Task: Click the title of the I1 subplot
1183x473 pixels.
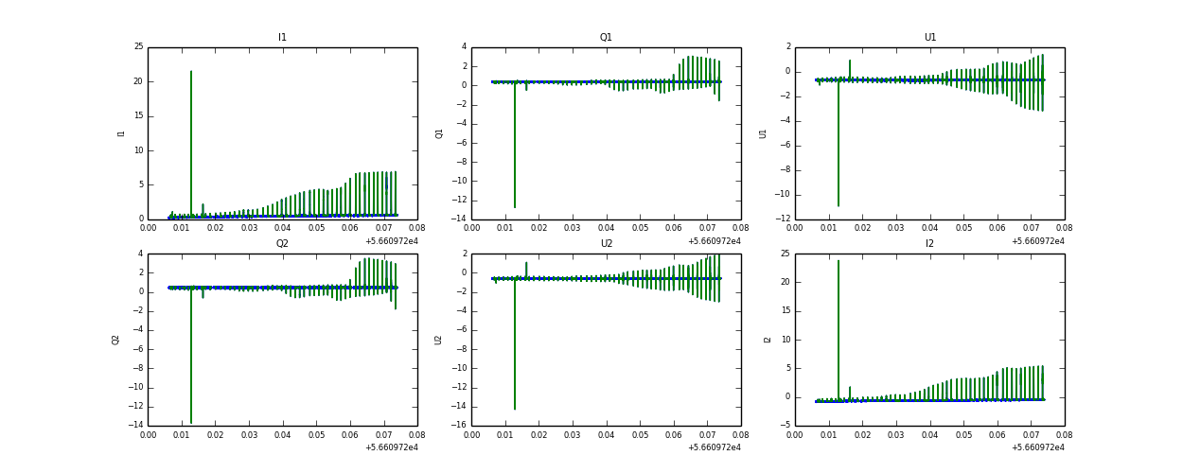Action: [282, 38]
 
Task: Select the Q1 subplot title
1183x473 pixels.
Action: [606, 38]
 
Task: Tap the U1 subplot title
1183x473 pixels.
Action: [929, 38]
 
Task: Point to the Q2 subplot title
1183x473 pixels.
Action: [282, 244]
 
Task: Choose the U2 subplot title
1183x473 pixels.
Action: [606, 244]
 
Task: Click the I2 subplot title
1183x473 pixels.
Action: [929, 244]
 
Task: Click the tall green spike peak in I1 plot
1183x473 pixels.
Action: [191, 72]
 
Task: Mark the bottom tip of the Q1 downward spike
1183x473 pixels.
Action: [515, 206]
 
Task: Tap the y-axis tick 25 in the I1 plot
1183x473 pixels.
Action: [138, 47]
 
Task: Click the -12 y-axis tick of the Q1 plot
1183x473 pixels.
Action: [460, 201]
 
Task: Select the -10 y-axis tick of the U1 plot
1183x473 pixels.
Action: [784, 195]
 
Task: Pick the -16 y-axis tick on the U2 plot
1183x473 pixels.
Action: [460, 426]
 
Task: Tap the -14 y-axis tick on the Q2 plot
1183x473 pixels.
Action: [136, 426]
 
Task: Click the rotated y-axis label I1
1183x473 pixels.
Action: [121, 133]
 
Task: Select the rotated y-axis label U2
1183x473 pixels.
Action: [439, 340]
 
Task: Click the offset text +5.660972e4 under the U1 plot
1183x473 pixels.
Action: [1037, 241]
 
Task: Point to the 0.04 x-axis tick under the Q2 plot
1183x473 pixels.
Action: [283, 436]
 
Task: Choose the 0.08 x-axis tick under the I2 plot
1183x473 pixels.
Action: [1064, 436]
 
